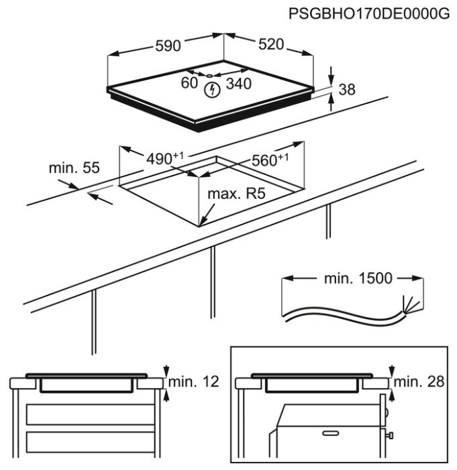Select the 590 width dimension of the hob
(x=168, y=46)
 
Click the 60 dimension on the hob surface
(x=189, y=82)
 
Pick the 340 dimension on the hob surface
(x=238, y=83)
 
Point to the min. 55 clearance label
(x=73, y=167)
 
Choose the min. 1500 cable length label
(x=358, y=278)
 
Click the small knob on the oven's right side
(x=390, y=436)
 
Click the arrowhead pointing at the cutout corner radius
(x=203, y=222)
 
